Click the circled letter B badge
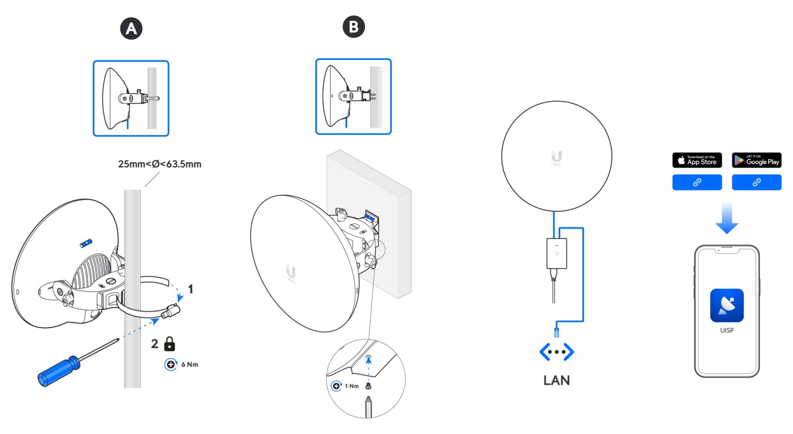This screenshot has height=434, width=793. [354, 26]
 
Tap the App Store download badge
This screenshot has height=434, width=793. [697, 160]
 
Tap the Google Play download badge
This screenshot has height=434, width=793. [757, 160]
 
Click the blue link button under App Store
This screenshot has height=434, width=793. [697, 183]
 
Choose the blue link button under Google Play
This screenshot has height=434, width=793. [757, 183]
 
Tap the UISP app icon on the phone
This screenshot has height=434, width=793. [727, 306]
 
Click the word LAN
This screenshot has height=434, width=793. [556, 380]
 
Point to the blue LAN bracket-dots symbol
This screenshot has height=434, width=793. [556, 352]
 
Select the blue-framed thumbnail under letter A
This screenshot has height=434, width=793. [131, 98]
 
